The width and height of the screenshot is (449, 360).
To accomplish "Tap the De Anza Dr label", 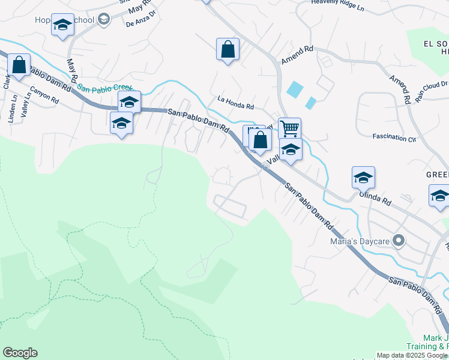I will pos(140,23).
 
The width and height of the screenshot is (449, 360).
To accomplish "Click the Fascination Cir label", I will pos(394,137).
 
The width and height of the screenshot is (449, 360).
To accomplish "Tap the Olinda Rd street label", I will pos(375,198).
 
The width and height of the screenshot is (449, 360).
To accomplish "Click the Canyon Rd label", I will pos(44,95).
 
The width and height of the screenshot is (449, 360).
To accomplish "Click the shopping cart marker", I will pos(289,128).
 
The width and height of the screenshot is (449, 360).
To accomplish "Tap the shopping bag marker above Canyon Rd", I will pos(19,65).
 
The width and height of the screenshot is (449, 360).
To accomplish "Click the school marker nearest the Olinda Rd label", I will pos(363,178).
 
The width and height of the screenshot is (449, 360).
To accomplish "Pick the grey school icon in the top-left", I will pos(104,20).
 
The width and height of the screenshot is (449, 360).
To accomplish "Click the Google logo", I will pos(20,353).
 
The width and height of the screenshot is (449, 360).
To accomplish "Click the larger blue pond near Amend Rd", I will pos(295,89).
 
